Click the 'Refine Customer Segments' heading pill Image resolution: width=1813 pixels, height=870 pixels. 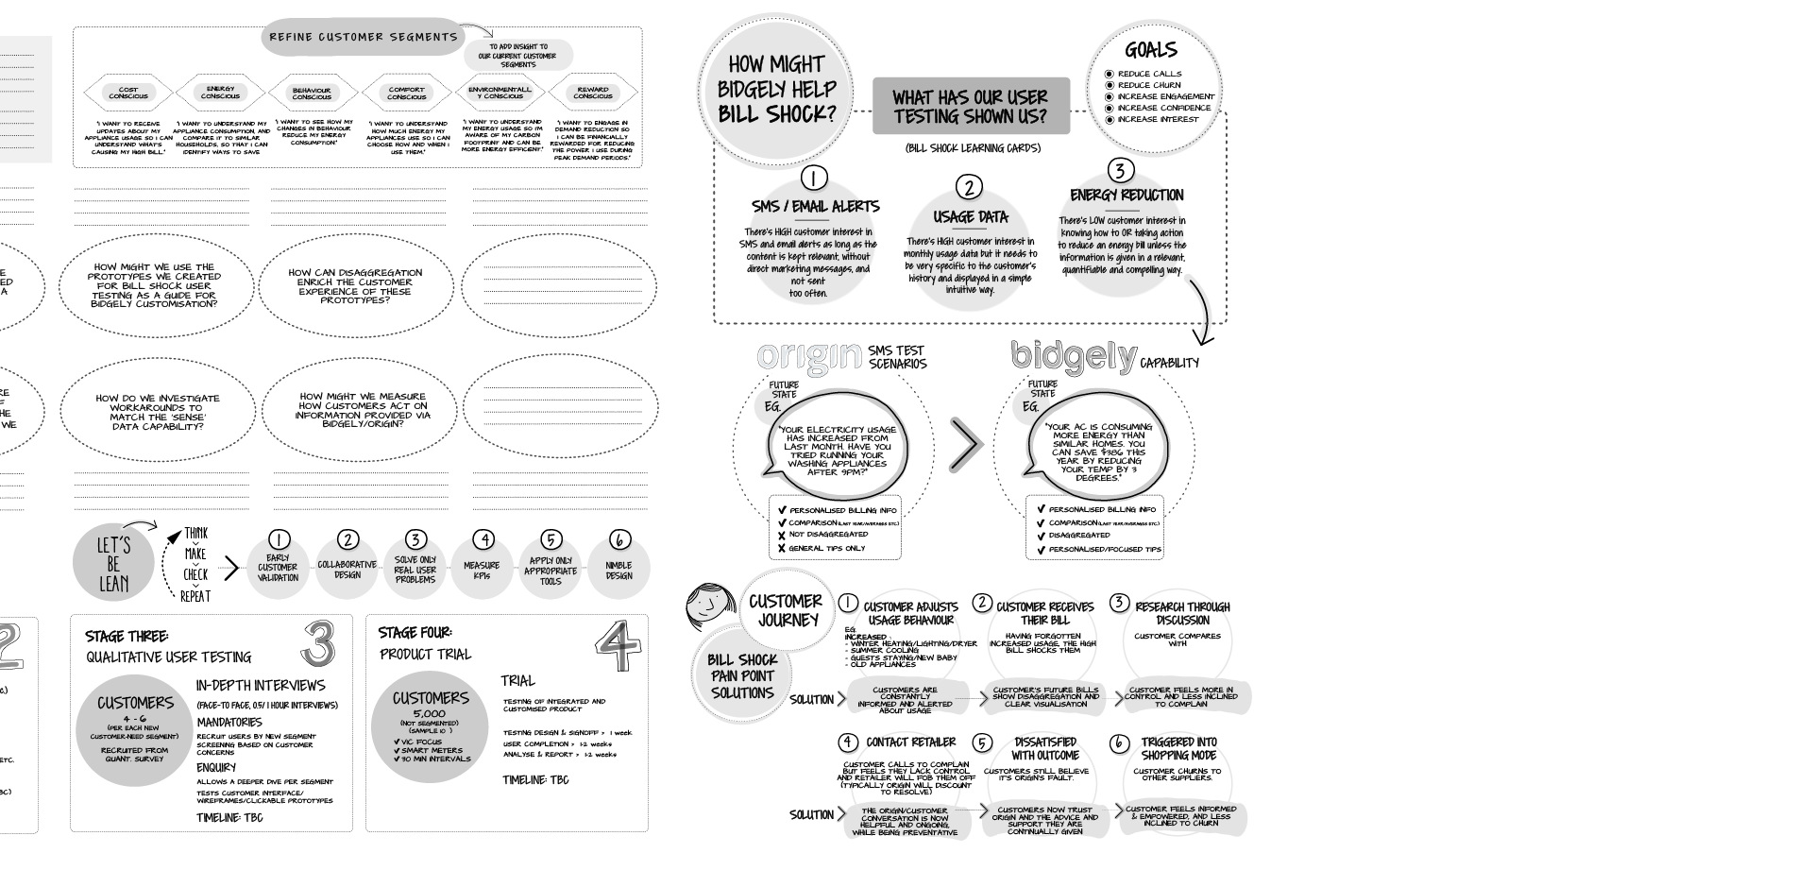click(363, 37)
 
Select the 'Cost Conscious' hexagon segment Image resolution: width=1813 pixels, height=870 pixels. click(128, 93)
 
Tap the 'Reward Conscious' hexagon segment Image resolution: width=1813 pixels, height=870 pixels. click(593, 93)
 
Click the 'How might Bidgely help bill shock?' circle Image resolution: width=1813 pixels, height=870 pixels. click(776, 90)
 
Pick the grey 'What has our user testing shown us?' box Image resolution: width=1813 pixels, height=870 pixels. click(970, 107)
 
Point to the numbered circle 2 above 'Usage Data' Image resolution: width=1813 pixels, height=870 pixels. click(969, 186)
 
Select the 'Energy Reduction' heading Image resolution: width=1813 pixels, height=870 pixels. click(1126, 196)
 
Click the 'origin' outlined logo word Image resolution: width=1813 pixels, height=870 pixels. click(810, 357)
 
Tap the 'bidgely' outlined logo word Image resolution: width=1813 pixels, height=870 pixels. click(1074, 356)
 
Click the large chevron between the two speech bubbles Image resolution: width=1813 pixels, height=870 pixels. click(965, 445)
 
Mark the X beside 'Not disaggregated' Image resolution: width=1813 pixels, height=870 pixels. click(782, 535)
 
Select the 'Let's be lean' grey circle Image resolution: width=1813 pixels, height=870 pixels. click(113, 565)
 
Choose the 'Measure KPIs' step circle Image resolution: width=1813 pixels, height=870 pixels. click(482, 567)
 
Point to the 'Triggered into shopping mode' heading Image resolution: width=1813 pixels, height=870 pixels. click(1179, 749)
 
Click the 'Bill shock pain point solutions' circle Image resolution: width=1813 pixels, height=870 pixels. click(743, 676)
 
